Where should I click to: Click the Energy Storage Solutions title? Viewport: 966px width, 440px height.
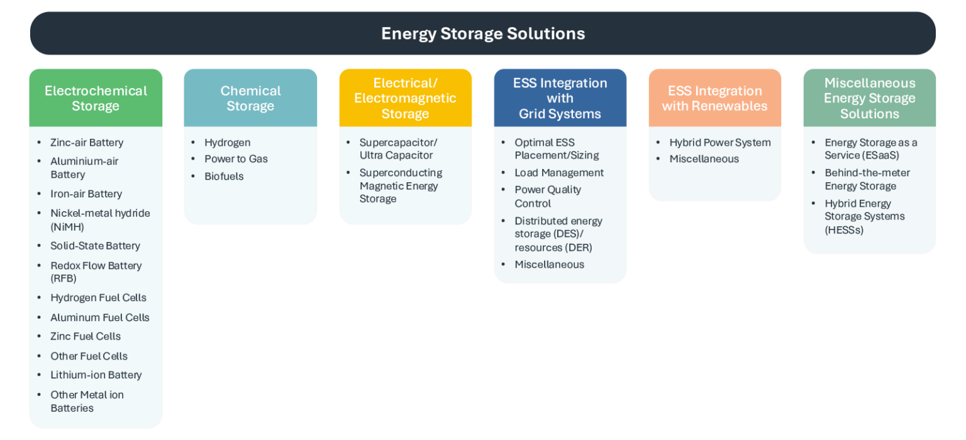coord(483,33)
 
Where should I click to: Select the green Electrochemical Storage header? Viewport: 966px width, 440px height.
coord(96,98)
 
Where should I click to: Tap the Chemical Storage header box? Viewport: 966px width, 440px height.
coord(250,98)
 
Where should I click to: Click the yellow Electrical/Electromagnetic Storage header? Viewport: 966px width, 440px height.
coord(405,98)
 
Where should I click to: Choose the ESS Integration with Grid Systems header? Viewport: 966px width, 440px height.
coord(560,98)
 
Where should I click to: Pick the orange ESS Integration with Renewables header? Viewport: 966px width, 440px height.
coord(714,98)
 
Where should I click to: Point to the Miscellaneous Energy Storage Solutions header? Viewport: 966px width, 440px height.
coord(869,98)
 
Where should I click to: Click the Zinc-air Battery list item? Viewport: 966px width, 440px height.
coord(87,143)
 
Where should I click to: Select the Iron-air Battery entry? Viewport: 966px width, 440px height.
coord(86,194)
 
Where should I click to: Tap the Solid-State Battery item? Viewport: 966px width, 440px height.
coord(95,246)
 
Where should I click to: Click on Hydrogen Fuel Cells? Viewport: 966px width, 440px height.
coord(98,298)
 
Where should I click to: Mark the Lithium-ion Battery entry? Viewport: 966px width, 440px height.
coord(96,375)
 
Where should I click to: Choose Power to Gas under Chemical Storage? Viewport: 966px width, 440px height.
coord(236,159)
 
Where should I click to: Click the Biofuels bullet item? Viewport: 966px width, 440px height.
coord(224,177)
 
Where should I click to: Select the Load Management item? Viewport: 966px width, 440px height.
coord(559,173)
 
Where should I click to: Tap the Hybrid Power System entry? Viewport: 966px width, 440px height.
coord(719,143)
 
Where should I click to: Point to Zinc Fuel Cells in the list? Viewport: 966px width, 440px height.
coord(86,337)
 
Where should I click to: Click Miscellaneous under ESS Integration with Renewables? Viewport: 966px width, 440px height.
coord(704,159)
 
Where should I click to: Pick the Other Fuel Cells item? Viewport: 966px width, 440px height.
coord(89,356)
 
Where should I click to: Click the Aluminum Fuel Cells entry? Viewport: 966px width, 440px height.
coord(100,318)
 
